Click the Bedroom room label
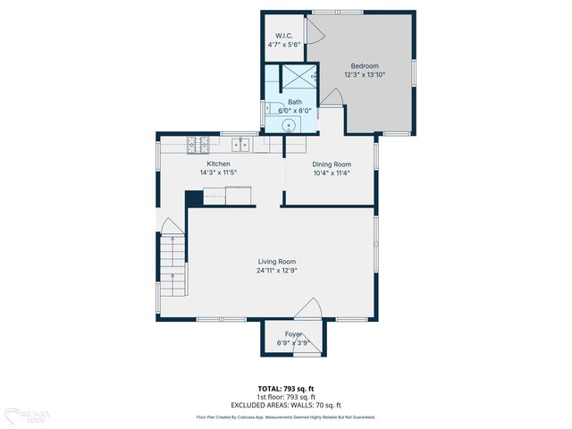point(364,66)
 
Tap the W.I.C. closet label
point(284,37)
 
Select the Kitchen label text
point(219,164)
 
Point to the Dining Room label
point(331,164)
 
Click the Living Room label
point(276,262)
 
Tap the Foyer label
point(293,333)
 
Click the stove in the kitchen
point(198,143)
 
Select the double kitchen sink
point(240,143)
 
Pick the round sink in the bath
point(290,124)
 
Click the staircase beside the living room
point(173,266)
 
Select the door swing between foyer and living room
point(307,310)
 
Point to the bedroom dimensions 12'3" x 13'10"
point(364,74)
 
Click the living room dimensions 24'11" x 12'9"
point(276,270)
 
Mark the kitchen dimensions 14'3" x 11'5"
point(219,172)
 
